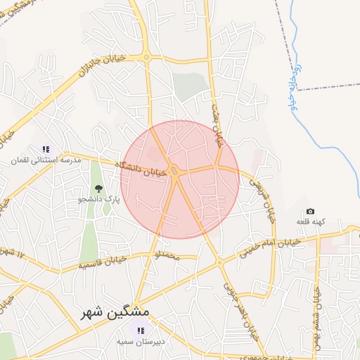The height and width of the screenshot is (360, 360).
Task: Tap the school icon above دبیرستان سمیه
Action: click(141, 330)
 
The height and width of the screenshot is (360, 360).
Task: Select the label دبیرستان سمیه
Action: click(141, 341)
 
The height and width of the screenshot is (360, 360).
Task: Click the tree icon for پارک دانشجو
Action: click(98, 188)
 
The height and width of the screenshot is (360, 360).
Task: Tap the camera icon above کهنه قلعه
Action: click(310, 212)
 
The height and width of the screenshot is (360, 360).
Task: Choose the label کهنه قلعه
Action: click(310, 222)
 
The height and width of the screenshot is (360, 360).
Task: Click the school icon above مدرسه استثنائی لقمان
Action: click(46, 149)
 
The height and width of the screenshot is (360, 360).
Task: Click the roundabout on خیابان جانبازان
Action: click(146, 57)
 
